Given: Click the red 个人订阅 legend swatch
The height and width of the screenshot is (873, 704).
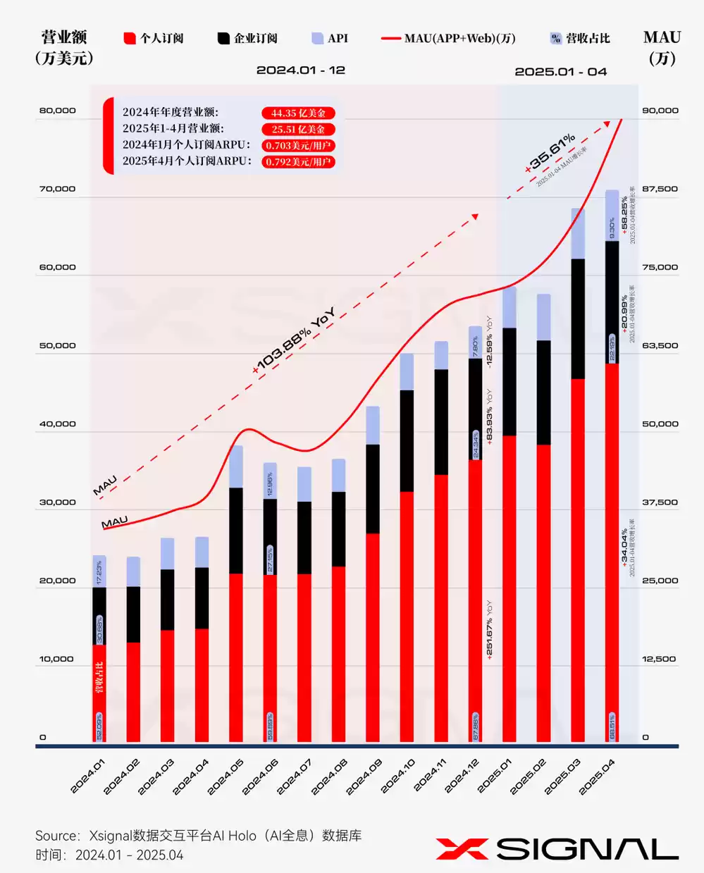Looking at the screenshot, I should pos(130,39).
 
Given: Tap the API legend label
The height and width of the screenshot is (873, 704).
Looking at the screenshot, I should pos(338,39).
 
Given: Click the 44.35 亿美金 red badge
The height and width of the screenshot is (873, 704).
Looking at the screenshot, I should pos(298,113).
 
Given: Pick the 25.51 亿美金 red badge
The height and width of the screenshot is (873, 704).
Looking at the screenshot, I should pos(298,130).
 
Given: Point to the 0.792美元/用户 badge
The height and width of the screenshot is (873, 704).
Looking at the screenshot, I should pos(298,162).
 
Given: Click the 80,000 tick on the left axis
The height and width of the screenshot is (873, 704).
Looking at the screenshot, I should pos(58,111).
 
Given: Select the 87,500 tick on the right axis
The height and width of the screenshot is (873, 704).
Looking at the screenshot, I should pos(660,189).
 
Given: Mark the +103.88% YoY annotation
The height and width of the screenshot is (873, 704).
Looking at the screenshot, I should pos(295,341).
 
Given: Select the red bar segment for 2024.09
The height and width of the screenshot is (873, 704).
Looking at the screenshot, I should pos(373,637).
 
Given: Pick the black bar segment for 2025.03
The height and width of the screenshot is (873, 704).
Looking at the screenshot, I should pos(578,318).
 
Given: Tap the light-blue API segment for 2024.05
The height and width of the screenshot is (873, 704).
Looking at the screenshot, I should pos(236,466).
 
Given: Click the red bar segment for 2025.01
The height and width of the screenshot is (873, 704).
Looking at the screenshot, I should pos(510,588).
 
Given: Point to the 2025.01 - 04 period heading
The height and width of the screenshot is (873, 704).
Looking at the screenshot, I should pos(560,72).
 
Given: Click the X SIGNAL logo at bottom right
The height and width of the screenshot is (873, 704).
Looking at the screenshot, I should pos(557,849).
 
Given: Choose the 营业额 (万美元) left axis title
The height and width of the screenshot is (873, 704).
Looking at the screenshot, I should pos(64,47).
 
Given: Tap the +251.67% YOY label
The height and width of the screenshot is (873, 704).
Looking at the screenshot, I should pos(489,629).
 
